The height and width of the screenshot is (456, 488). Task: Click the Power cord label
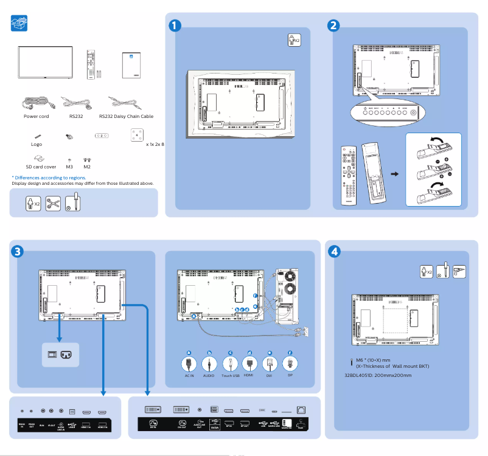37,116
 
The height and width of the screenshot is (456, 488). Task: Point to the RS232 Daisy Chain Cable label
126,116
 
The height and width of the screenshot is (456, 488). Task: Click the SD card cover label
41,166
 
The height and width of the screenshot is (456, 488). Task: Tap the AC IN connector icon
189,364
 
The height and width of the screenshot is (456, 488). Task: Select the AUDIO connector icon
209,364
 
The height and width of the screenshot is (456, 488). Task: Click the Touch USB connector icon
230,364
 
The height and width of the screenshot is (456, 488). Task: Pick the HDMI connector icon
249,364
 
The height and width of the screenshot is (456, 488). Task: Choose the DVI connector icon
270,364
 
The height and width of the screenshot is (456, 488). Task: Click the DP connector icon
290,364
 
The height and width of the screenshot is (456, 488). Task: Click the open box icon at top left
19,24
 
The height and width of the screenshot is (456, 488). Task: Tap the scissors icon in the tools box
53,202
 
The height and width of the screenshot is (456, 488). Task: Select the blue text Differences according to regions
49,178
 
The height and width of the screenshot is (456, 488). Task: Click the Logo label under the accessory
37,145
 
